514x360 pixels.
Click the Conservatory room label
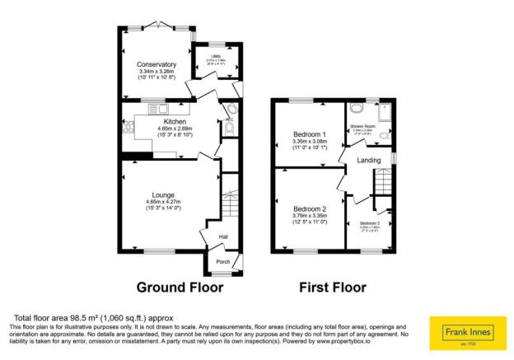(x=158, y=64)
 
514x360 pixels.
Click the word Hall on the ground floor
(x=223, y=237)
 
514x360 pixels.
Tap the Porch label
(x=222, y=262)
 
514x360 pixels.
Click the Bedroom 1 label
(x=311, y=133)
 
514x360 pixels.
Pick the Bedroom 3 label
(x=368, y=223)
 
